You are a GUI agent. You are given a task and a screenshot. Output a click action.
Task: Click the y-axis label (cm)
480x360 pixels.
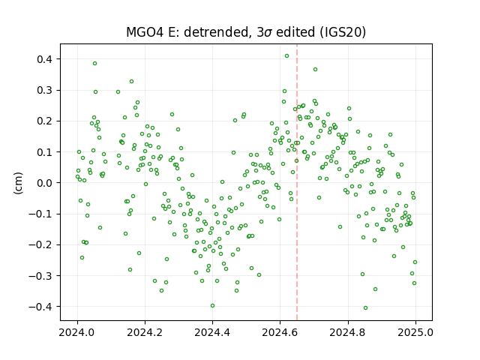18,183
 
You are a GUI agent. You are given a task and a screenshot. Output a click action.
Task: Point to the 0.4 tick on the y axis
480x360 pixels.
44,59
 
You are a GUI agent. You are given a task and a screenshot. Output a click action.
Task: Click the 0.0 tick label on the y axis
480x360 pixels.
44,183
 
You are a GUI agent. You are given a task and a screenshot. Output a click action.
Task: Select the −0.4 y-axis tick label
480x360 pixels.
40,307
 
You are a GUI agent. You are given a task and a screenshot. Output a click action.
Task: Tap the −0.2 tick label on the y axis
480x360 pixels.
40,244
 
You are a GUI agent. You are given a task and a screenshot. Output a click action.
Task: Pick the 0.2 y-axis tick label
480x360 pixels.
44,121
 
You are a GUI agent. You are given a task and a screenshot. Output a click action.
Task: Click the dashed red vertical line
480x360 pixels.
297,182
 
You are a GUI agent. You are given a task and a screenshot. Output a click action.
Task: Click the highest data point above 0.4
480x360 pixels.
286,56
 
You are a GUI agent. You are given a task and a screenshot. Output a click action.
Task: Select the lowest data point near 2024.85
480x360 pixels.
365,308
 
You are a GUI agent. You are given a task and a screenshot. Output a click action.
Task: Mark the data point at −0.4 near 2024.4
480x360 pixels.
213,306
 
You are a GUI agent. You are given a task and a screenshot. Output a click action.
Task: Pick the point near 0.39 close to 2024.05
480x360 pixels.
95,63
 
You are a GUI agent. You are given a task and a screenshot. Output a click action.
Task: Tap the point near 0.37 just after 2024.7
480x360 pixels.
315,70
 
